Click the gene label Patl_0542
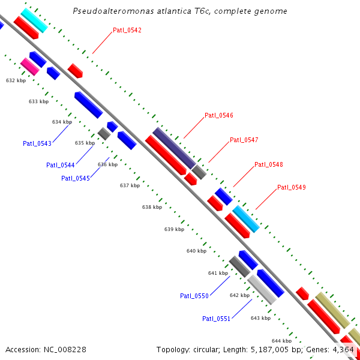(127, 30)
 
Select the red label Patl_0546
(219, 115)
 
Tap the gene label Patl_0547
(244, 140)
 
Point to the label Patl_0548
(269, 164)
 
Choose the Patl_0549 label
(292, 188)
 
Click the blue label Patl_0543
(37, 143)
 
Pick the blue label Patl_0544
(61, 165)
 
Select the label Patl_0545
(76, 178)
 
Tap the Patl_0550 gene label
(194, 296)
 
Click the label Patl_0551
(216, 319)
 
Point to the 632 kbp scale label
(16, 80)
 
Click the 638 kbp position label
(152, 207)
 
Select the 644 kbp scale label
(282, 341)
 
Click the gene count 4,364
(344, 349)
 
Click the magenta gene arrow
(29, 67)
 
